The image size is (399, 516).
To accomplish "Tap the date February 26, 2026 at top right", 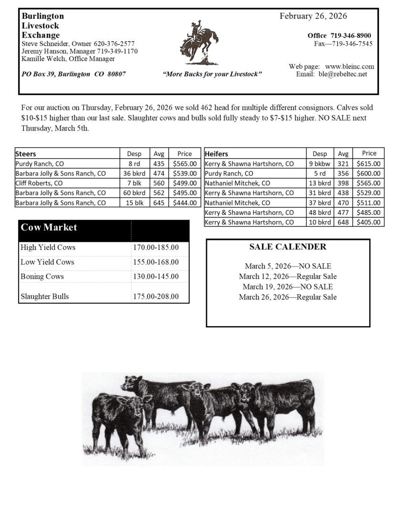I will click(x=313, y=16).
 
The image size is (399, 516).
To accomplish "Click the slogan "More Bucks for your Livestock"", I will click(x=212, y=74).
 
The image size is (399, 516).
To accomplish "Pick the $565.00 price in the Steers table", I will click(x=184, y=163).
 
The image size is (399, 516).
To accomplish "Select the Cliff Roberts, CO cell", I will click(x=39, y=183).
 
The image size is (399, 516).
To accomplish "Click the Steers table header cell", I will click(x=26, y=154).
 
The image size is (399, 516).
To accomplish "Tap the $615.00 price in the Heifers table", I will click(x=368, y=163).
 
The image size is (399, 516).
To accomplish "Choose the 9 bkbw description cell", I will click(x=320, y=163).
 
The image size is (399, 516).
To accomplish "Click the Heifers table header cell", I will click(x=216, y=154).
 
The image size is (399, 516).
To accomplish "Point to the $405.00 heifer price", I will click(x=368, y=222).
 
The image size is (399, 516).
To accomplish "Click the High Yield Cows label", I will click(x=48, y=247).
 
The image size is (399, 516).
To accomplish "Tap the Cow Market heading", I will click(x=49, y=227).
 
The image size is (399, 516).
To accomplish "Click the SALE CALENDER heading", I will click(x=288, y=247).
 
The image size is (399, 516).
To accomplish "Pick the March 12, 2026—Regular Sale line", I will click(x=288, y=277).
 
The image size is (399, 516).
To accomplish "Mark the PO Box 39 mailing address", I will click(x=74, y=74).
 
